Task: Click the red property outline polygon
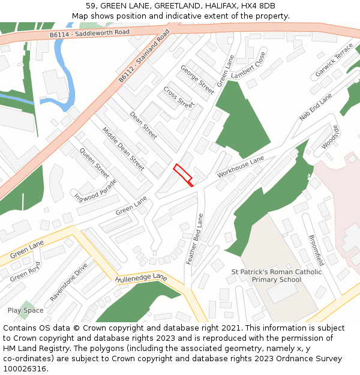184,175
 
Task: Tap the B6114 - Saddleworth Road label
89,34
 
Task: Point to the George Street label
197,80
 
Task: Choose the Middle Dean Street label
123,148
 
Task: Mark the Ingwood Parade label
95,188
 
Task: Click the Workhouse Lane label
241,166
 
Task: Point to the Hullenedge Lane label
141,278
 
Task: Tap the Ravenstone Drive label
69,281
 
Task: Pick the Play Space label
25,310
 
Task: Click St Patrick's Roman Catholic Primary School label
276,275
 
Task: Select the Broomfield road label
316,250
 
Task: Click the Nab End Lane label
316,107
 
